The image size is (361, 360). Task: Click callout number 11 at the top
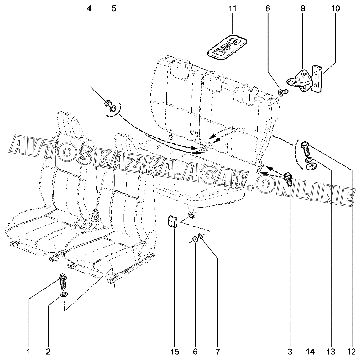[x=232, y=8]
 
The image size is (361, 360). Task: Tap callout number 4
[x=89, y=8]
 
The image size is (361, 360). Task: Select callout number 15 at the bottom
[x=175, y=352]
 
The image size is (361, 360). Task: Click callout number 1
[x=28, y=352]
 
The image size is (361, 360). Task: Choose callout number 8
[x=267, y=8]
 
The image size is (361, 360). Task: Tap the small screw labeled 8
[x=283, y=92]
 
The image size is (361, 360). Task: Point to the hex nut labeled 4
[x=107, y=104]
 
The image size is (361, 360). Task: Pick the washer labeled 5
[x=113, y=109]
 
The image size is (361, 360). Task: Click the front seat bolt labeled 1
[x=63, y=281]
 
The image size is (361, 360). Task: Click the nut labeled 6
[x=195, y=239]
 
